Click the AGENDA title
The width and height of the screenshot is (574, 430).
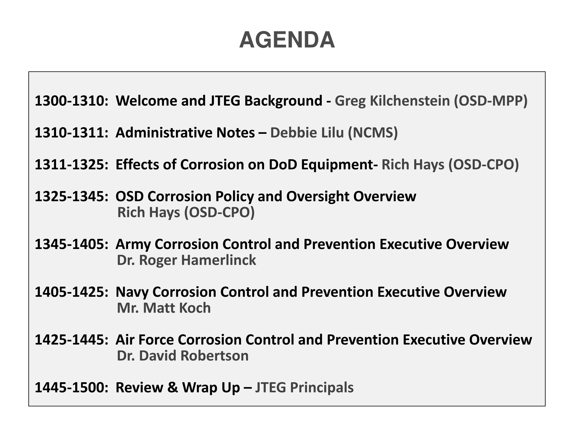tap(287, 40)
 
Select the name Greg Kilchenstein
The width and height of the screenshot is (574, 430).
tap(392, 101)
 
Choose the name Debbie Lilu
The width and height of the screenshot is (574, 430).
tap(307, 133)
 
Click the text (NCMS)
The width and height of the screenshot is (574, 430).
tap(373, 133)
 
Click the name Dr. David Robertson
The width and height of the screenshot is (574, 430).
tap(183, 356)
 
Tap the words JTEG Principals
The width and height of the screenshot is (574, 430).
tap(305, 388)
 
